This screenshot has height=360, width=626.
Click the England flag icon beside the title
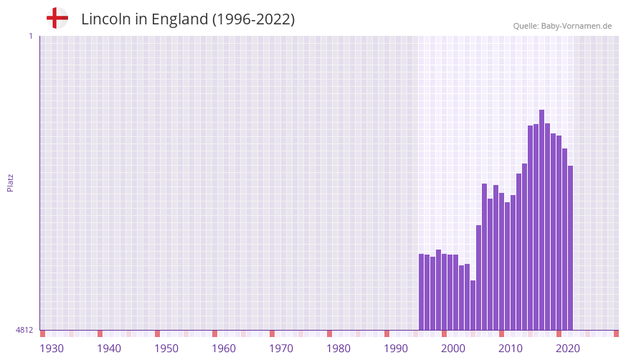pyautogui.click(x=57, y=18)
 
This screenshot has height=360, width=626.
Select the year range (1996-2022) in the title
pyautogui.click(x=253, y=19)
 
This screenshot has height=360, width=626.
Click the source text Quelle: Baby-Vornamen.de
pyautogui.click(x=562, y=26)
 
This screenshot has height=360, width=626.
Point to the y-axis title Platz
pyautogui.click(x=10, y=182)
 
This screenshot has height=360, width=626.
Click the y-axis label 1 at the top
pyautogui.click(x=30, y=36)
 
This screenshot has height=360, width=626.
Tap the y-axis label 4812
pyautogui.click(x=24, y=330)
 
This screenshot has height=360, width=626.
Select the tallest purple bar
pyautogui.click(x=541, y=219)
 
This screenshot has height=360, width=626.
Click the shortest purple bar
pyautogui.click(x=473, y=305)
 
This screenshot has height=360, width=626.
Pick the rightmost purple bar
pyautogui.click(x=570, y=247)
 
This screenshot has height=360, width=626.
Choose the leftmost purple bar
pyautogui.click(x=421, y=292)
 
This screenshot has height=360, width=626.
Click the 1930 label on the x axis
pyautogui.click(x=52, y=349)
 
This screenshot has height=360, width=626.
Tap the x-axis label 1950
pyautogui.click(x=166, y=349)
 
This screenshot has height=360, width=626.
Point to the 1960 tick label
pyautogui.click(x=224, y=349)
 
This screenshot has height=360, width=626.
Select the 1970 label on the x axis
pyautogui.click(x=281, y=349)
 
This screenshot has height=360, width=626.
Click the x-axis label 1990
pyautogui.click(x=396, y=349)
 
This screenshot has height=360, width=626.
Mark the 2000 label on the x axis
pyautogui.click(x=453, y=349)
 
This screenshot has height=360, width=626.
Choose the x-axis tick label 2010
pyautogui.click(x=511, y=349)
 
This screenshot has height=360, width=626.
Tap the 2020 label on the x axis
pyautogui.click(x=568, y=349)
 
